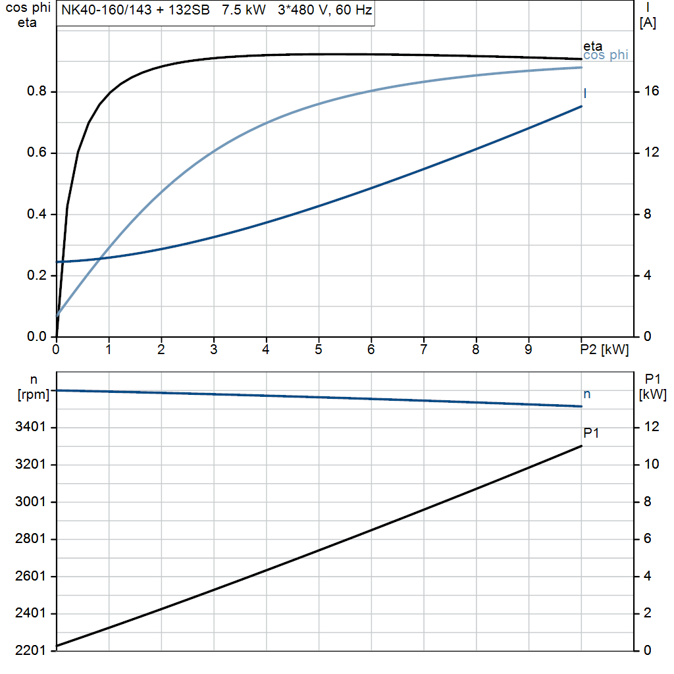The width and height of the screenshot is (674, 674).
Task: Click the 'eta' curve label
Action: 592,47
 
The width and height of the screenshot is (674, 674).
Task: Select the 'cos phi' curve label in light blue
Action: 606,56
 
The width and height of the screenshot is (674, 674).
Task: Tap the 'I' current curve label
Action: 585,94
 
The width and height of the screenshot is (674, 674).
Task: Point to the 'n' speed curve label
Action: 587,394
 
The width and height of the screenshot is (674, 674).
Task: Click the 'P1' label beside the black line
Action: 591,432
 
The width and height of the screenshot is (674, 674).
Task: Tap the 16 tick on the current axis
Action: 652,91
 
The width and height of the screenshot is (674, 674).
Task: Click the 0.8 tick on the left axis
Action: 37,91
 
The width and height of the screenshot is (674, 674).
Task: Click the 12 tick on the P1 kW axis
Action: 652,427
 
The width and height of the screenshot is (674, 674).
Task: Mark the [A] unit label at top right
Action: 648,24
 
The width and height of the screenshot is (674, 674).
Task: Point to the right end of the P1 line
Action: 581,446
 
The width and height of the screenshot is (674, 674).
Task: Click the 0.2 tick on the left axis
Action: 37,276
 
